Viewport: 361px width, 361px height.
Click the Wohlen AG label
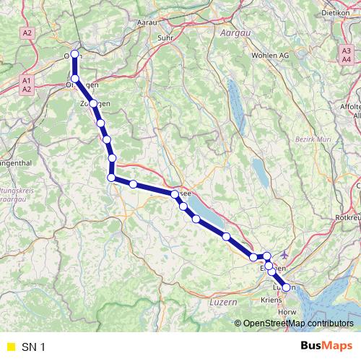point(270,56)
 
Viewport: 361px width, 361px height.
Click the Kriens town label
point(271,298)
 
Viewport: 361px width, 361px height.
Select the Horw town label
point(287,312)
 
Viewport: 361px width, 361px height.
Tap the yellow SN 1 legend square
point(9,347)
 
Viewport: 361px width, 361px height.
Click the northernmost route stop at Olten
point(75,54)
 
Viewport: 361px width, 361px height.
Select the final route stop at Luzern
point(286,287)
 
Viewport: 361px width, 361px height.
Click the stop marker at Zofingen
point(93,104)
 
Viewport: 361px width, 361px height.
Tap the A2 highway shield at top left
point(27,33)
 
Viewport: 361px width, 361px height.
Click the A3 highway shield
point(347,50)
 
